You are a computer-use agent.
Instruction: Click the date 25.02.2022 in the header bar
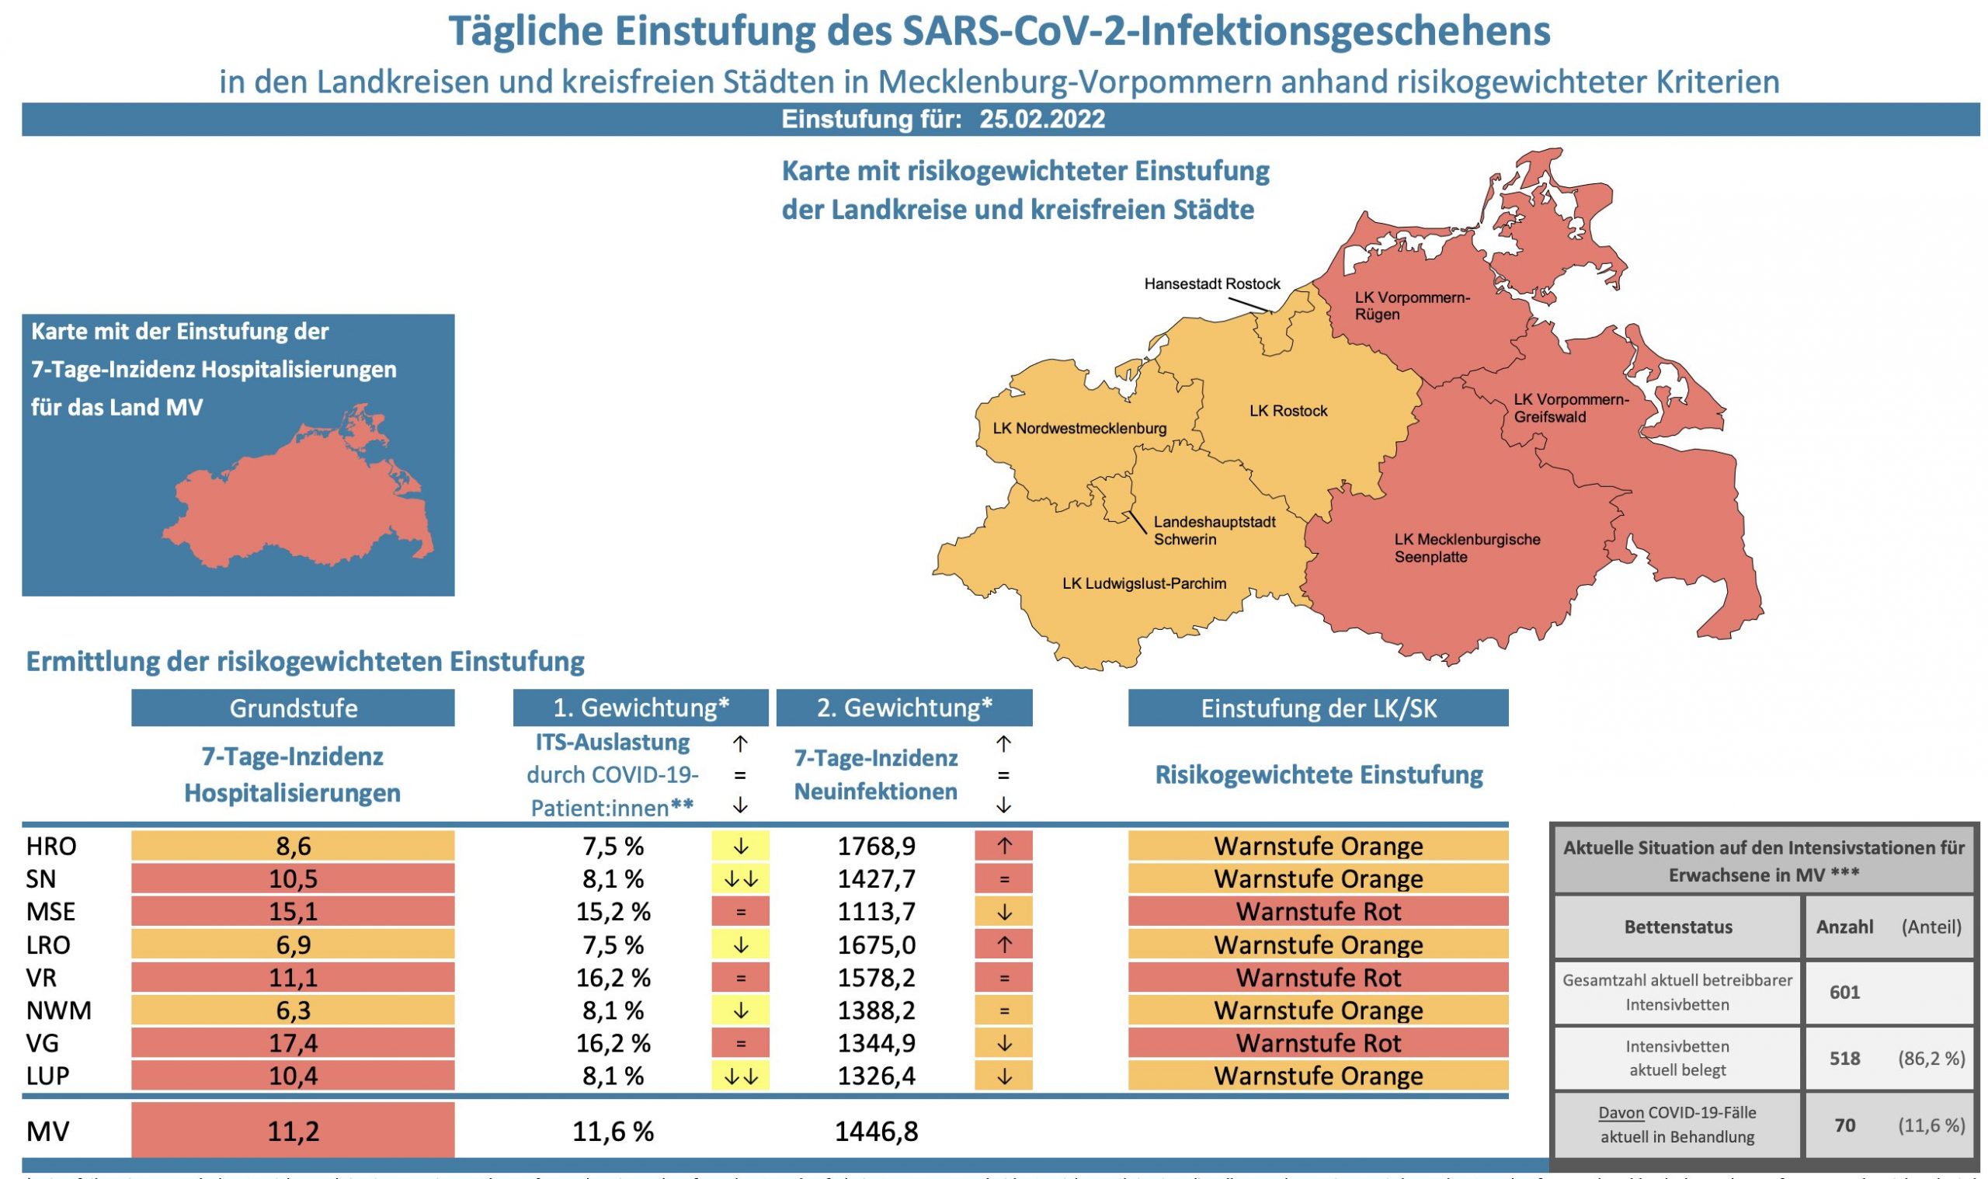coord(1041,119)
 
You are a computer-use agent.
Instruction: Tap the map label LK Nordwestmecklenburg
coord(1079,429)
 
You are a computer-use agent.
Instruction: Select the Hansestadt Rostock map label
coord(1212,283)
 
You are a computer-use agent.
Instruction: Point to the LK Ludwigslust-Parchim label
coord(1144,584)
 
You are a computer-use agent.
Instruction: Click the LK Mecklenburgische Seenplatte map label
coord(1466,548)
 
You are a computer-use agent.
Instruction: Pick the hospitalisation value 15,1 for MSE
coord(293,911)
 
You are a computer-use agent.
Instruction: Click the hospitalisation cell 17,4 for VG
coord(293,1042)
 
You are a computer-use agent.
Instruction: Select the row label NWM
coord(59,1010)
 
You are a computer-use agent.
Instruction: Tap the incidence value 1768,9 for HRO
coord(876,846)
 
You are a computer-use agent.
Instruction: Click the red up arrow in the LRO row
coord(1004,944)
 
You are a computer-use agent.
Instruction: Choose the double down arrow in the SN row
coord(740,878)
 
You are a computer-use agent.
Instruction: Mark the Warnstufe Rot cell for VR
coord(1318,977)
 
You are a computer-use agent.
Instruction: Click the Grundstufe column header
coord(293,708)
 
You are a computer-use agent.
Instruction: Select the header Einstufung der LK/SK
coord(1318,708)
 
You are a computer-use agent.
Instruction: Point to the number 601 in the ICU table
coord(1844,993)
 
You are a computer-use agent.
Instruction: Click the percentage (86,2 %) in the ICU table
coord(1931,1059)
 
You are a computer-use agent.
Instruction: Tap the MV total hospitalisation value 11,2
coord(293,1131)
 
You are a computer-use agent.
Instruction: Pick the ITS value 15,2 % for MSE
coord(613,911)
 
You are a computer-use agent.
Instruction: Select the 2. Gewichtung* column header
coord(904,708)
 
